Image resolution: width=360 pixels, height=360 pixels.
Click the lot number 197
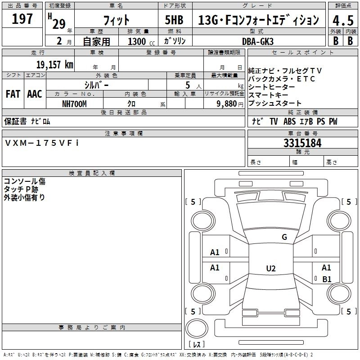[x=22, y=19]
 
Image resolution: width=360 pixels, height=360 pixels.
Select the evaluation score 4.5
[x=342, y=20]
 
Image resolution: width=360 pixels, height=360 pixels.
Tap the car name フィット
[x=116, y=20]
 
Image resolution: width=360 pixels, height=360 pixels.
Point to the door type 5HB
[x=174, y=20]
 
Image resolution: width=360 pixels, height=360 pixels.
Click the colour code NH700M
[x=74, y=103]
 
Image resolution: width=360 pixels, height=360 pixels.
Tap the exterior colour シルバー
[x=96, y=85]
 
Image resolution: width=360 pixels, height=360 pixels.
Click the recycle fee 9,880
[x=230, y=103]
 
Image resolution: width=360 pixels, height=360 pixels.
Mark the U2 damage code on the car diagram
[x=270, y=269]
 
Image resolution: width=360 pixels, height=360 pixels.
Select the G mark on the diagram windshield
[x=284, y=237]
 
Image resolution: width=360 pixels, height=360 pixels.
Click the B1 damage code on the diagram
[x=327, y=279]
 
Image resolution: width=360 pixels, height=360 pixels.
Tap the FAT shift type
[x=13, y=94]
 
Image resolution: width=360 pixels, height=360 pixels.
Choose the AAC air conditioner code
[x=35, y=94]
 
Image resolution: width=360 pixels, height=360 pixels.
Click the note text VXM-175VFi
[x=42, y=143]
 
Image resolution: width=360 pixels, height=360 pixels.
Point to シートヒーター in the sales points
[x=272, y=87]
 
